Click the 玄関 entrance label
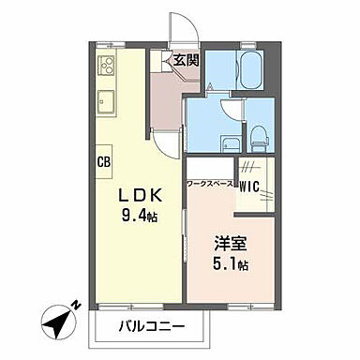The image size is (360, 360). point(187,60)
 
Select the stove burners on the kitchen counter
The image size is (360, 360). point(105,67)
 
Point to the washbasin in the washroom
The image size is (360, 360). point(229,142)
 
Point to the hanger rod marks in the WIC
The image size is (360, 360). point(252,168)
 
